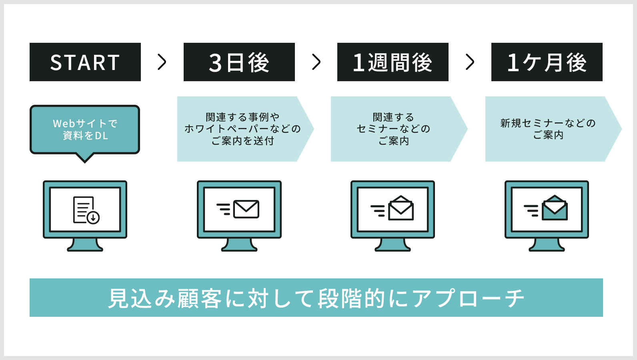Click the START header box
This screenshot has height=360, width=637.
(x=85, y=62)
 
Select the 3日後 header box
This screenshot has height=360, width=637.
(x=239, y=62)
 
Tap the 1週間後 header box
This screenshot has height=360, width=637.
(x=393, y=62)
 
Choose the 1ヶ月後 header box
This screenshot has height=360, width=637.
(x=547, y=62)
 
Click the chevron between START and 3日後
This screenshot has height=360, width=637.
(x=162, y=62)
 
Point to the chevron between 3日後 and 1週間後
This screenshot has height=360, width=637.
(x=316, y=62)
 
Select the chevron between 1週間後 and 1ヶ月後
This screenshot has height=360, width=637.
(x=470, y=62)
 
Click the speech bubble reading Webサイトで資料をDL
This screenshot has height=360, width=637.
(x=85, y=130)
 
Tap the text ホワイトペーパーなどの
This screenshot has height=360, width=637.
(x=242, y=129)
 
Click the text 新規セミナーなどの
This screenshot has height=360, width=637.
(x=548, y=123)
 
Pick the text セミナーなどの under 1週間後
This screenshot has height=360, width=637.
(x=394, y=129)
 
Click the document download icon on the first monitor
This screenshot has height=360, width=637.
(x=86, y=210)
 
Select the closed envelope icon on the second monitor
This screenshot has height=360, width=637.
(x=246, y=209)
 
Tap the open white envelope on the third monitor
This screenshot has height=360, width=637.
(x=401, y=208)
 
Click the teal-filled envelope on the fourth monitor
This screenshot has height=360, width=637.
(x=555, y=208)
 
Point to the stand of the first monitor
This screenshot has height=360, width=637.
(x=85, y=245)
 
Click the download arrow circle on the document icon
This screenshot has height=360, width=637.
(x=93, y=218)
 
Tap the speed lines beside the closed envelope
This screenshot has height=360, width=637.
(x=224, y=209)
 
